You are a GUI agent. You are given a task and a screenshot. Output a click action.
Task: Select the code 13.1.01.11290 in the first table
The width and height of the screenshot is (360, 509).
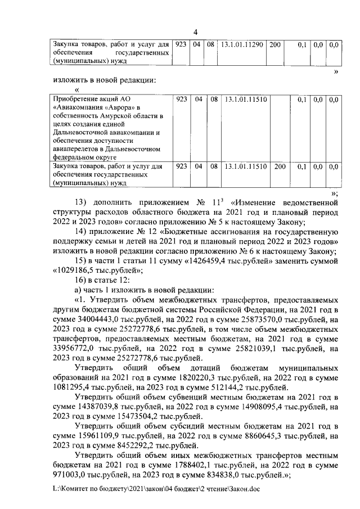pyautogui.click(x=241, y=44)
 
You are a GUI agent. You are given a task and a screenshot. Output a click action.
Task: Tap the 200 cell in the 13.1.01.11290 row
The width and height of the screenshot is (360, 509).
pyautogui.click(x=274, y=44)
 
